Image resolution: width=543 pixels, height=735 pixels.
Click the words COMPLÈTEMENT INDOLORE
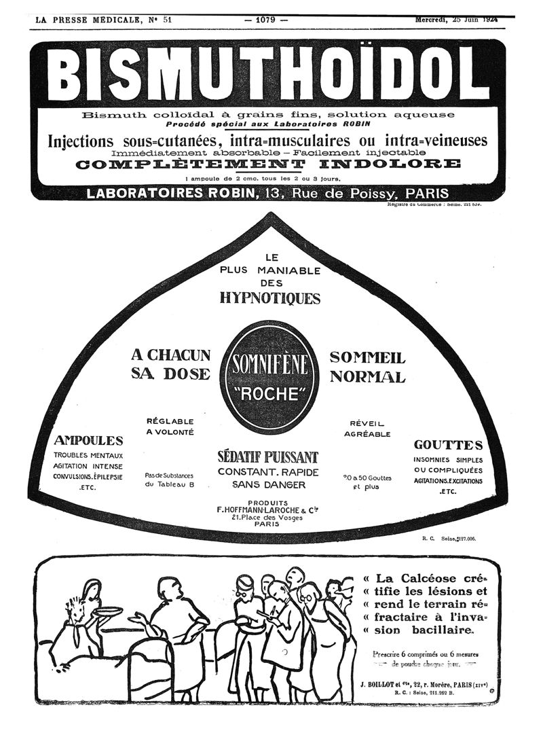pos(269,164)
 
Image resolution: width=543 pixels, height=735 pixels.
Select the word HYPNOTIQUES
pos(269,298)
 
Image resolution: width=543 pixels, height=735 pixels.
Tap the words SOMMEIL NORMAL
pos(367,367)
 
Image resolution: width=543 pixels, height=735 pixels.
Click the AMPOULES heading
pos(88,440)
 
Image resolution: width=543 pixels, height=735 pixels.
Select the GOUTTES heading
pos(449,445)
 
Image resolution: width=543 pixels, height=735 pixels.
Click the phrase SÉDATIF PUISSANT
pos(267,456)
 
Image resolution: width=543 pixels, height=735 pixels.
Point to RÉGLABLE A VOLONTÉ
pos(170,426)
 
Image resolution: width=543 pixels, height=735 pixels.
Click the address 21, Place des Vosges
pos(267,517)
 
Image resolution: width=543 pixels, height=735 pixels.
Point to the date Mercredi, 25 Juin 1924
pos(456,20)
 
